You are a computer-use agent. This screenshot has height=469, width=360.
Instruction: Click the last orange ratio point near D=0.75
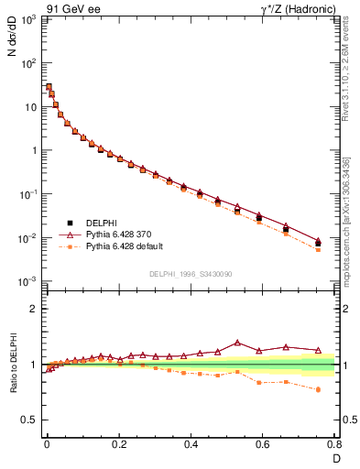coord(318,389)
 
